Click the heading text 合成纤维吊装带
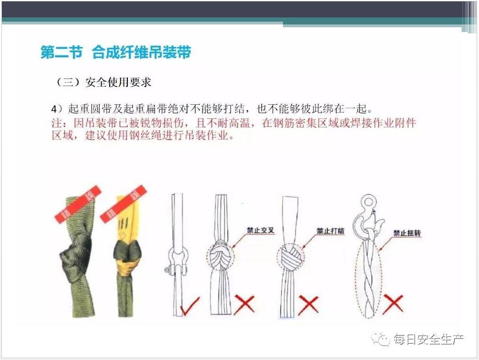coord(141,52)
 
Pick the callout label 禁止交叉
coord(260,230)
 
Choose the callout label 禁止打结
coord(330,231)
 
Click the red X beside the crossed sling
coord(244,304)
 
